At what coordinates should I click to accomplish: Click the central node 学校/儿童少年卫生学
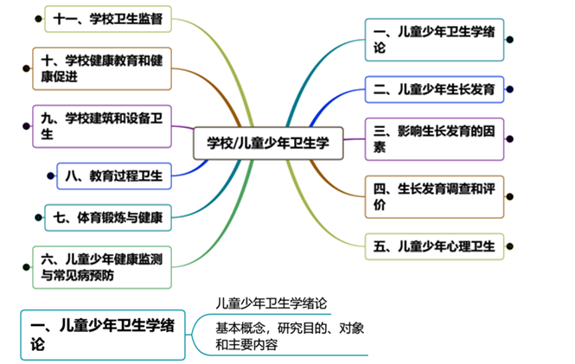point(268,144)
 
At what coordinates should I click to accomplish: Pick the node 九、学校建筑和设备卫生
point(101,126)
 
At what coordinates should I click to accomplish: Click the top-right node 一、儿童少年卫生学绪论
point(433,40)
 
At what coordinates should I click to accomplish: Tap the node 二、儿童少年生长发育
point(434,89)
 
